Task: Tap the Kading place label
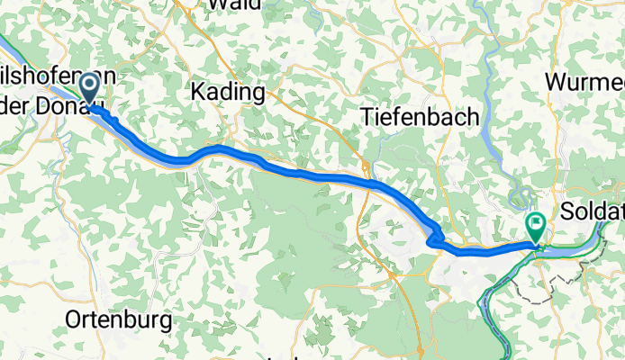[x=228, y=92]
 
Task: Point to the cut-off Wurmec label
[x=584, y=83]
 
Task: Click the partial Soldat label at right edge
[x=592, y=213]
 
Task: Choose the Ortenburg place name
[x=112, y=319]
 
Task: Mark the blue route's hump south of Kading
[x=216, y=147]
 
